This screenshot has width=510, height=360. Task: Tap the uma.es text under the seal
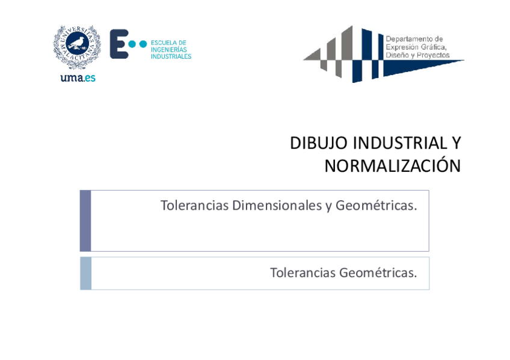click(x=78, y=77)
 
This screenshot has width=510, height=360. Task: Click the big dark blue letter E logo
click(x=118, y=44)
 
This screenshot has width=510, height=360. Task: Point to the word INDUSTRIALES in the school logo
click(x=171, y=56)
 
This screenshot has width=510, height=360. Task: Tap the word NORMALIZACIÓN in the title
click(x=392, y=166)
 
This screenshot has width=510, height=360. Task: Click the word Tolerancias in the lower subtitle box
click(x=303, y=273)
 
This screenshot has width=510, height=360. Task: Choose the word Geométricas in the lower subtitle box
click(x=378, y=273)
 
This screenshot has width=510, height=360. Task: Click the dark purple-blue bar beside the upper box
click(x=85, y=221)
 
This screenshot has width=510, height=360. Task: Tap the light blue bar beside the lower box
click(x=85, y=273)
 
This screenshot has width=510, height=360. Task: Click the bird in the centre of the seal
click(x=77, y=43)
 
